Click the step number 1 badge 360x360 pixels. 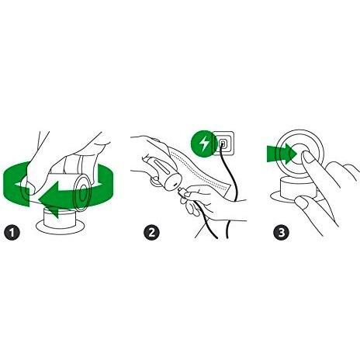pos(12,232)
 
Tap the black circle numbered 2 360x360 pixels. pos(151,232)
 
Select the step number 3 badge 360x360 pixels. pos(282,232)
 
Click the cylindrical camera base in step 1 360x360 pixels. pos(59,217)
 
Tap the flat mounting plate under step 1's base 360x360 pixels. pos(61,227)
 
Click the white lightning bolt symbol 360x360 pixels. pos(204,144)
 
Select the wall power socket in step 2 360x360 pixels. pos(223,143)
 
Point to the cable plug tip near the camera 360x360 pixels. pos(181,192)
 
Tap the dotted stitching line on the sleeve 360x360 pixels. pos(199,169)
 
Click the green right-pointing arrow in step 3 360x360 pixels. pos(282,154)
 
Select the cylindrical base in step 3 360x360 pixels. pos(297,189)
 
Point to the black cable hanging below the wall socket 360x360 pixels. pos(231,192)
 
